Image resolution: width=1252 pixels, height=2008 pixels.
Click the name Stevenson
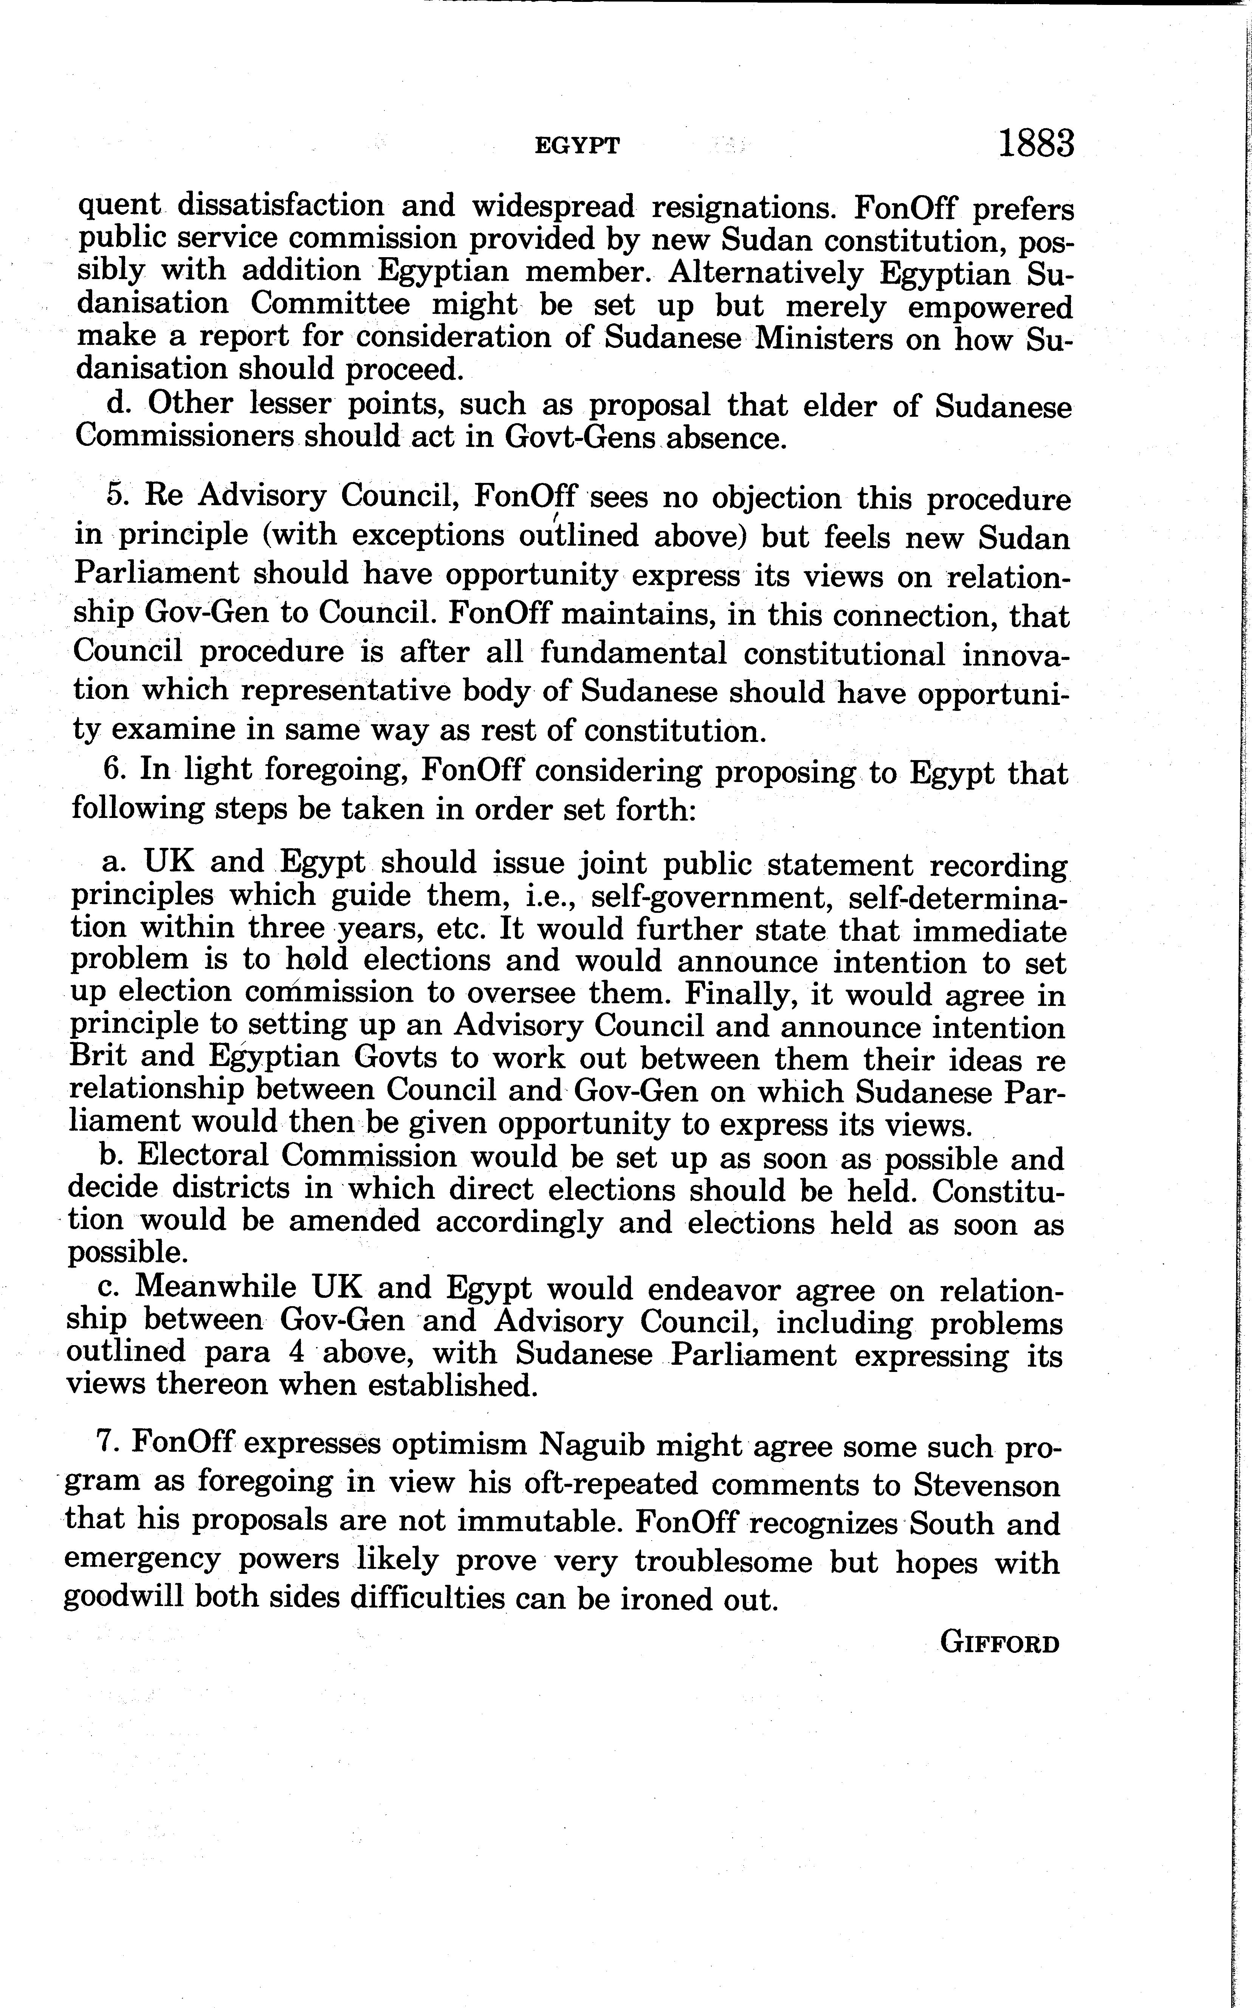(986, 1485)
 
